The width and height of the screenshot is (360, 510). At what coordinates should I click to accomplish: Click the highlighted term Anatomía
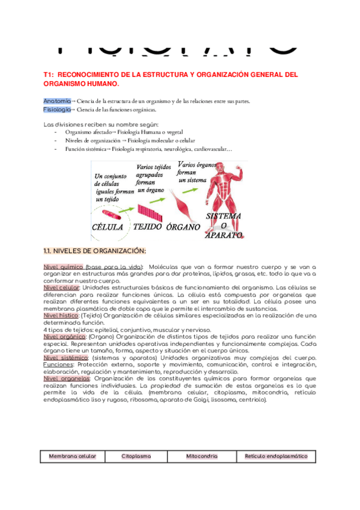coord(56,101)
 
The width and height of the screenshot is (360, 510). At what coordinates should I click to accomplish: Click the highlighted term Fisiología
coord(56,110)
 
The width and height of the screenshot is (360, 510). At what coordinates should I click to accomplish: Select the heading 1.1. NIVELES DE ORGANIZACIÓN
coord(94,251)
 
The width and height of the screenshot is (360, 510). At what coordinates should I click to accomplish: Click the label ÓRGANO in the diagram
coord(185,227)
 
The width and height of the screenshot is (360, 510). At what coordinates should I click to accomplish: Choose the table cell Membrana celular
coord(72,456)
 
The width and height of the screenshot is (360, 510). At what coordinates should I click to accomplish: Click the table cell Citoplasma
coord(136,456)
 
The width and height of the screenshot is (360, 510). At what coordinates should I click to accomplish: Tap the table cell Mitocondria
coord(201,456)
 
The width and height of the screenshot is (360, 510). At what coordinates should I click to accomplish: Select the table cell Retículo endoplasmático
coord(276,456)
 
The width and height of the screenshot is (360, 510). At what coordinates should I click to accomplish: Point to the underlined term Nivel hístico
coord(61,315)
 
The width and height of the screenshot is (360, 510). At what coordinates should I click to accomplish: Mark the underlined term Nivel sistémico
coord(65,358)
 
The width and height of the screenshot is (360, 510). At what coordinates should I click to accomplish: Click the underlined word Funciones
coord(58,364)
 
